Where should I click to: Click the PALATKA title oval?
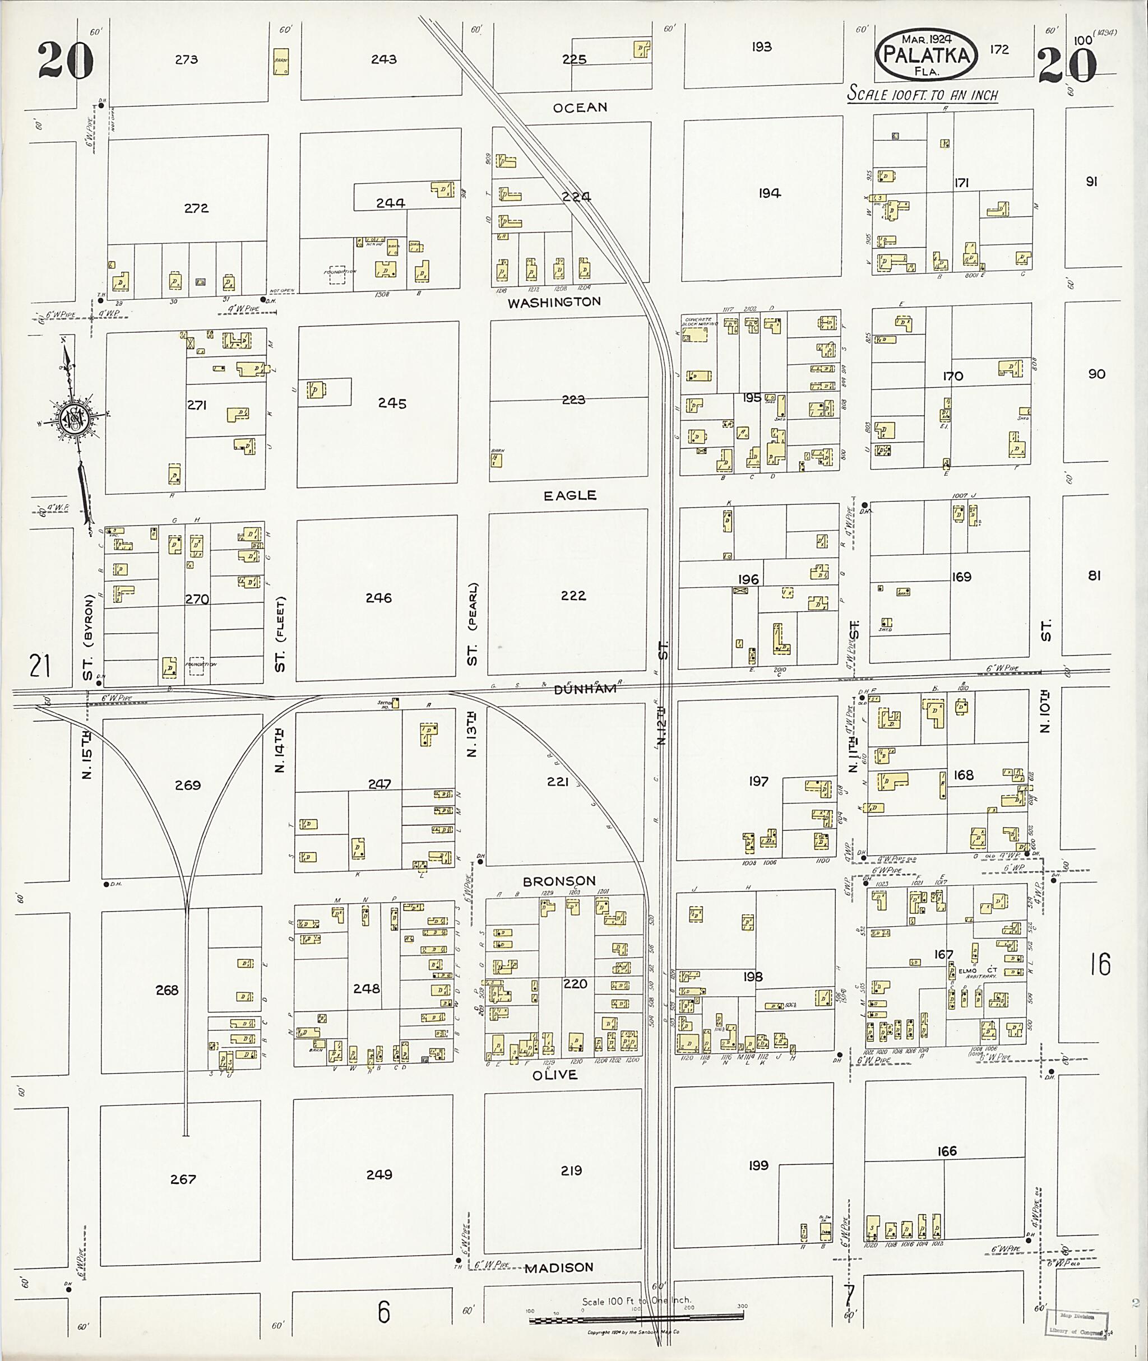tap(927, 54)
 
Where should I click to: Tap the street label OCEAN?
tap(580, 108)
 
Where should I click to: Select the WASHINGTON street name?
tap(554, 302)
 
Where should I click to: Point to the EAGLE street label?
tap(570, 495)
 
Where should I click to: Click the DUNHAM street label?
tap(585, 689)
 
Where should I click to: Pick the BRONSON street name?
tap(559, 881)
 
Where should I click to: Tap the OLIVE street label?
tap(555, 1075)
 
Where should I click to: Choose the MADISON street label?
tap(559, 1267)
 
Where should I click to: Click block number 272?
tap(196, 208)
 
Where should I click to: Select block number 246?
tap(378, 597)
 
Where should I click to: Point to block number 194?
tap(769, 193)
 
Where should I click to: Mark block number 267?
tap(183, 1179)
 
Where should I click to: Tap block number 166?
tap(947, 1151)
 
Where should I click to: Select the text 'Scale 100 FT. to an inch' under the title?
tap(922, 94)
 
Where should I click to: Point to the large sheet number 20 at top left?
tap(65, 60)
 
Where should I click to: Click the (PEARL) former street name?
tap(473, 606)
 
